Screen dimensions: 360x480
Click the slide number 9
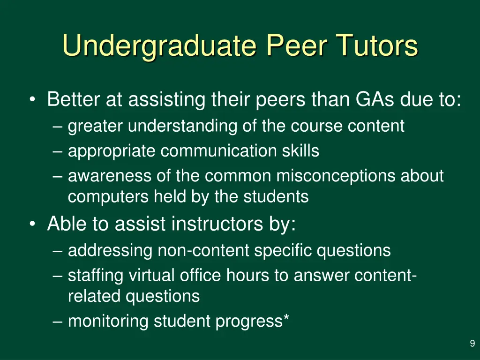coord(472,344)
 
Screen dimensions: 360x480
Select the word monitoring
coord(109,322)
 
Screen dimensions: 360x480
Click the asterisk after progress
coord(286,319)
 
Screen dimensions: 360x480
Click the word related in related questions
coord(94,296)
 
